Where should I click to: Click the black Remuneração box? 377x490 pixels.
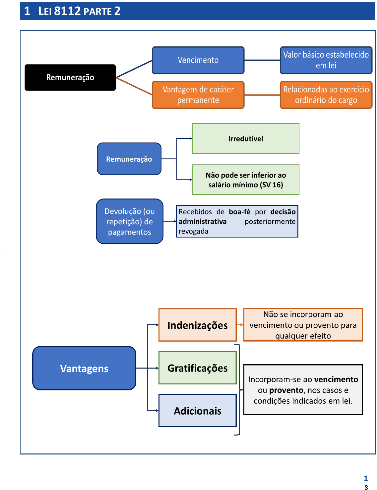coord(70,77)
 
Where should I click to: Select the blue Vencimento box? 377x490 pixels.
coord(198,60)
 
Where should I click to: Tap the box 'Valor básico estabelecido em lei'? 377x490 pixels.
coord(326,60)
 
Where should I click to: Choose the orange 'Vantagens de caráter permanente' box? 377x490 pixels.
coord(198,95)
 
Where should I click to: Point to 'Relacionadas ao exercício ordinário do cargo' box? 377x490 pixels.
coord(326,95)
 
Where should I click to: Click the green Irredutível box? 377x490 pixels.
coord(245,138)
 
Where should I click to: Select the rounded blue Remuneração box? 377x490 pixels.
coord(129,159)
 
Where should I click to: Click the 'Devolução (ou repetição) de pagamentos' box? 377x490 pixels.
coord(129,221)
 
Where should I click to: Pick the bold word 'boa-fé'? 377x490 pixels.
coord(239,212)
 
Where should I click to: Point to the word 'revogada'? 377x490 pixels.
coord(193,231)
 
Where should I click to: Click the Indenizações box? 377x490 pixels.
coord(197,325)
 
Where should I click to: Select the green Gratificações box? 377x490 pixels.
coord(197,368)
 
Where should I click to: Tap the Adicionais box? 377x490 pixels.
coord(197,411)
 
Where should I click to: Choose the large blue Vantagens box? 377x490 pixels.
coord(84,368)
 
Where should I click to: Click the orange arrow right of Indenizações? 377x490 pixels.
coord(240,325)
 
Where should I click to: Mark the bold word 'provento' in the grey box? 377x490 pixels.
coord(286,390)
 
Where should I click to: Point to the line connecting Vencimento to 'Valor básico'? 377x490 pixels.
coord(262,60)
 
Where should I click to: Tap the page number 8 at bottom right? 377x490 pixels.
coord(366,487)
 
